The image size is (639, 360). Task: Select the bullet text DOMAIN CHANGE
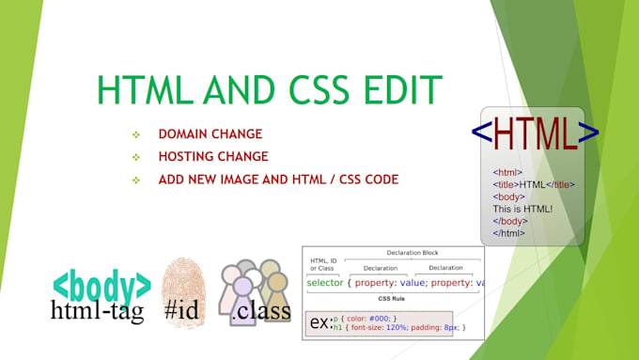point(210,134)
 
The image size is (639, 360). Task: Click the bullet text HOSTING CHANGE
point(213,156)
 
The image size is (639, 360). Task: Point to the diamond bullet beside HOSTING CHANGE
point(136,157)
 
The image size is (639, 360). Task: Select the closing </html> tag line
point(508,232)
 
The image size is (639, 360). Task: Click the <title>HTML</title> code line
point(533,184)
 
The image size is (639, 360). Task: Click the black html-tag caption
point(98,311)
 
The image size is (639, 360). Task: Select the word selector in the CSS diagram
point(324,283)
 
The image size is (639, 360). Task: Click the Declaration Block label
point(413,252)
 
